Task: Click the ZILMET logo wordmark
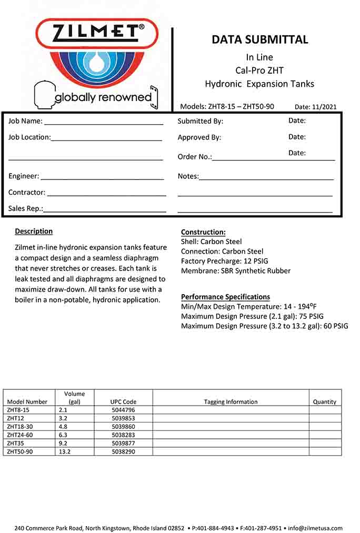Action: tap(96, 33)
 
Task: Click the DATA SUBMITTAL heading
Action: tap(259, 39)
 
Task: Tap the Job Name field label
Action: tap(25, 121)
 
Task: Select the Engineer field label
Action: tap(24, 176)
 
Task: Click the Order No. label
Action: tap(195, 157)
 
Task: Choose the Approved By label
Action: tap(199, 137)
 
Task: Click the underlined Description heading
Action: tap(34, 231)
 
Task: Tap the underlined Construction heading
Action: tap(203, 232)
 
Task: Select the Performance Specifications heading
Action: tap(225, 297)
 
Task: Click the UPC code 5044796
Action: tap(123, 409)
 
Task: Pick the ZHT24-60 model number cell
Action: tap(20, 435)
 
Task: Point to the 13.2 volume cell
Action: tap(65, 451)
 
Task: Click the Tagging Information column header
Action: tap(231, 401)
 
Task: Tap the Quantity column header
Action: tap(324, 401)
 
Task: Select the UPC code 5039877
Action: tap(123, 443)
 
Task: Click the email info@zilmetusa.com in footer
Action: tap(315, 528)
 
